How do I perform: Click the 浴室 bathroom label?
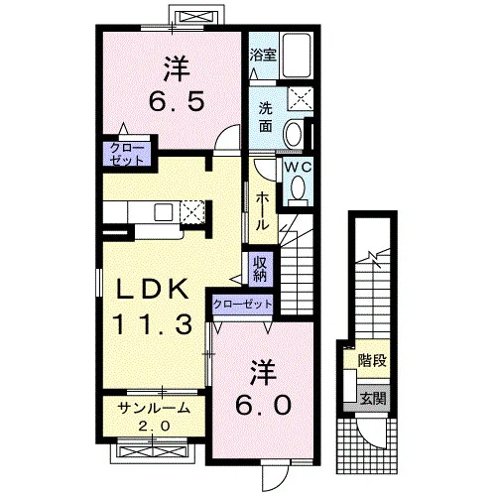tap(263, 55)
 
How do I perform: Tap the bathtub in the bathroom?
tap(296, 56)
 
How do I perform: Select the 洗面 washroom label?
tap(266, 117)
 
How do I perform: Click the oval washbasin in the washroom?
tap(294, 135)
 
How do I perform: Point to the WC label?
tap(299, 168)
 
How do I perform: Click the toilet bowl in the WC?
tap(299, 188)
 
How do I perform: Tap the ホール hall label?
tap(262, 210)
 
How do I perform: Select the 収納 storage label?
tap(261, 269)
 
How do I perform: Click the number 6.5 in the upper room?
tap(178, 101)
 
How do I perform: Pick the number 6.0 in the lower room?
tap(264, 405)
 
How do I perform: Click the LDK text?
tap(153, 289)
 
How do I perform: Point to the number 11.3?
tap(153, 324)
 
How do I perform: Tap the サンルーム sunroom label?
tap(154, 409)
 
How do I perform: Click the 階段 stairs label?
tap(372, 360)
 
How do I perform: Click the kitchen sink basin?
tap(164, 212)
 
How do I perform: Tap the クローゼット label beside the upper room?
tap(127, 154)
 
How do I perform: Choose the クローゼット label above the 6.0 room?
tap(243, 304)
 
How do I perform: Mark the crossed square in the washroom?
tap(300, 98)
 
